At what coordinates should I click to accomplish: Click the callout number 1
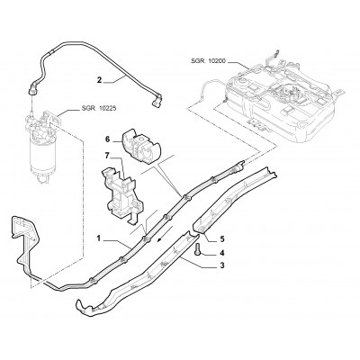(x=98, y=238)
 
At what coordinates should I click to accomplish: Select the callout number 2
(x=99, y=80)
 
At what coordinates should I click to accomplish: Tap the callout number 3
(x=222, y=265)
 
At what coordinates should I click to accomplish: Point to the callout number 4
(x=222, y=254)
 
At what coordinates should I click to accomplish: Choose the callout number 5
(x=222, y=239)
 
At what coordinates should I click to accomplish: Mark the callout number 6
(x=107, y=139)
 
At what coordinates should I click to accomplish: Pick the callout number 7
(x=107, y=156)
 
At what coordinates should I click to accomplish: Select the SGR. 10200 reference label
(x=208, y=61)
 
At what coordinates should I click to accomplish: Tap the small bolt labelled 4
(x=198, y=250)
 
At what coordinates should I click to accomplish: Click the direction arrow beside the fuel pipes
(x=165, y=234)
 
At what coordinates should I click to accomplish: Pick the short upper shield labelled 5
(x=234, y=200)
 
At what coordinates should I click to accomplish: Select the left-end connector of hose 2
(x=32, y=89)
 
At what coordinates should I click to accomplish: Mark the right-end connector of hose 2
(x=157, y=102)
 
